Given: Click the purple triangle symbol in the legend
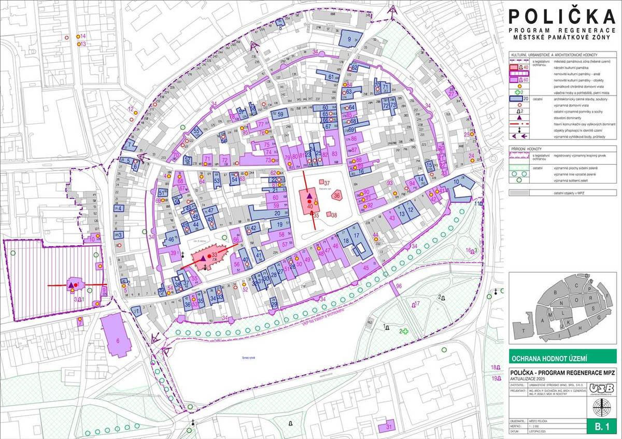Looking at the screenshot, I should (x=518, y=122).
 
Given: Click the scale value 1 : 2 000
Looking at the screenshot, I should (x=541, y=423).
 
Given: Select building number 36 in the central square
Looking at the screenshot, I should (x=337, y=195).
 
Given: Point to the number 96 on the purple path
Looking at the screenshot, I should (x=398, y=286).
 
